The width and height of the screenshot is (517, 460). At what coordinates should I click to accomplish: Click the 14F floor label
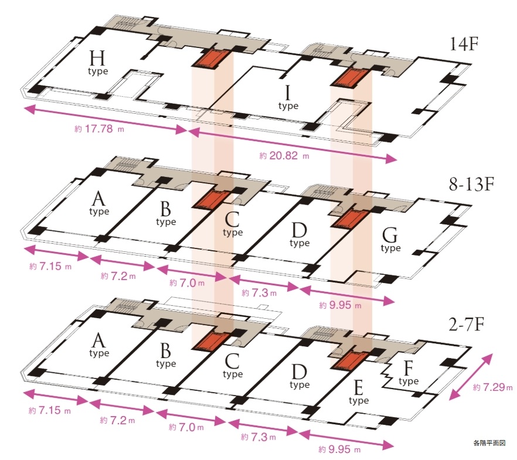click(464, 44)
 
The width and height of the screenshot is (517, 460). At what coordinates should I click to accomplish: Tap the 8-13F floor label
click(471, 184)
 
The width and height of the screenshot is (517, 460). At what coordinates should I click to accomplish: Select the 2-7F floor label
click(467, 325)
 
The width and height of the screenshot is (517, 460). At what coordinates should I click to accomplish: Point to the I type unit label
click(288, 98)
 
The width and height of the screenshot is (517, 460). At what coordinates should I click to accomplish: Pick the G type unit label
click(390, 240)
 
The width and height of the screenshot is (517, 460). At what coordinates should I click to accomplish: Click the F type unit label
click(409, 373)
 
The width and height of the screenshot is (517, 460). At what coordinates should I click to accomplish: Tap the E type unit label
click(358, 393)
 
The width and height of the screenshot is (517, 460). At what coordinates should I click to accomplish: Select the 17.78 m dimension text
click(99, 129)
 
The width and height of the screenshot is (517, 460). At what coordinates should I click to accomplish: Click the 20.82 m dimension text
click(284, 155)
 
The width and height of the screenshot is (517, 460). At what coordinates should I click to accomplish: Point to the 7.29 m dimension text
click(492, 387)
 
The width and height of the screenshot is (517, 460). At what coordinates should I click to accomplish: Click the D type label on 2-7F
click(300, 377)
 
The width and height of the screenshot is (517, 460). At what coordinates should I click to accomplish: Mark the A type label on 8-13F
click(99, 204)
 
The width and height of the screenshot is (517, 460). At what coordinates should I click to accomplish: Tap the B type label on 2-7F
click(166, 356)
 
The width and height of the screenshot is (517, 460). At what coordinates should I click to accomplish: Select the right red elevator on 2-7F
click(349, 361)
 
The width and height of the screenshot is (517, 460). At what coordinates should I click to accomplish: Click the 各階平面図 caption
click(489, 443)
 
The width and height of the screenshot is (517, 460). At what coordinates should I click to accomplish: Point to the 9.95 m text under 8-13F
click(340, 305)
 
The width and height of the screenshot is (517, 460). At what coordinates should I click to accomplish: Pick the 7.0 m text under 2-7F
click(186, 427)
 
